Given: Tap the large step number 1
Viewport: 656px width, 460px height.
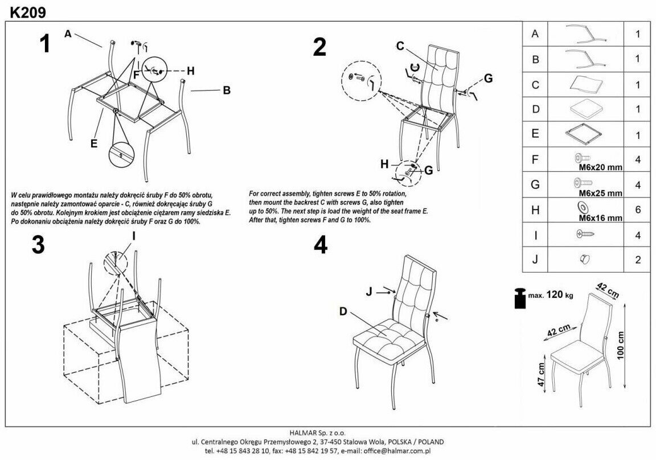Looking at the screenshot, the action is (x=44, y=44).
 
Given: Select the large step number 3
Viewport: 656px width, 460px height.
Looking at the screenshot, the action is (x=38, y=245).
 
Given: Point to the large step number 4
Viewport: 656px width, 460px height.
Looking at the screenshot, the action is (x=321, y=245).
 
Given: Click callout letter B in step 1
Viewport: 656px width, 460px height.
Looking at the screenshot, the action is (x=226, y=90).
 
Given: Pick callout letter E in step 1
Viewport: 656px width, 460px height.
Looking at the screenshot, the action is (x=93, y=143).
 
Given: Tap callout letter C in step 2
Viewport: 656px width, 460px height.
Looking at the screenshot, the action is (x=400, y=45).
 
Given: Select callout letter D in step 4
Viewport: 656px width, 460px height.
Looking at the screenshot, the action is (x=343, y=311).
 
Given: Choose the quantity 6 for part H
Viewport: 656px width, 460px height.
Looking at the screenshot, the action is (x=638, y=210).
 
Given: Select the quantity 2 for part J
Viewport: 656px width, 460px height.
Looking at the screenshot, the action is (x=638, y=260).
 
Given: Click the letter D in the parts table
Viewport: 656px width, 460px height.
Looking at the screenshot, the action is (x=535, y=109).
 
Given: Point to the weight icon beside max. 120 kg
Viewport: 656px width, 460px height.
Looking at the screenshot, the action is (x=520, y=299).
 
